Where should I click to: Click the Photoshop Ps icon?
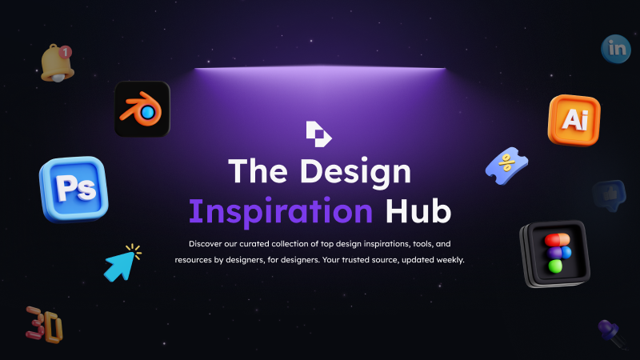[74, 189]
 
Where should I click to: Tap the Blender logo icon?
[142, 109]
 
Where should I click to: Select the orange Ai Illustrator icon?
[574, 120]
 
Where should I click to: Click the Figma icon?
[555, 254]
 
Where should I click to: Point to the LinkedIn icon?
[616, 49]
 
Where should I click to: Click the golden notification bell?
[57, 63]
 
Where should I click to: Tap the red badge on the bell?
[66, 52]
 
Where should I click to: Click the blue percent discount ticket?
[506, 166]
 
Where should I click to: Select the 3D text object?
[44, 325]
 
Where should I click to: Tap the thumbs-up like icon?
[610, 195]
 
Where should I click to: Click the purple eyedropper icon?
[612, 334]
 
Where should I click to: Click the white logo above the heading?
[318, 134]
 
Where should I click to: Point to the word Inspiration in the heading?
[281, 211]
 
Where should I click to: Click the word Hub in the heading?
[418, 210]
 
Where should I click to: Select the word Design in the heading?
[355, 172]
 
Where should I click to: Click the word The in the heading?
[258, 170]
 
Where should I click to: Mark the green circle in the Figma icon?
[555, 266]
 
